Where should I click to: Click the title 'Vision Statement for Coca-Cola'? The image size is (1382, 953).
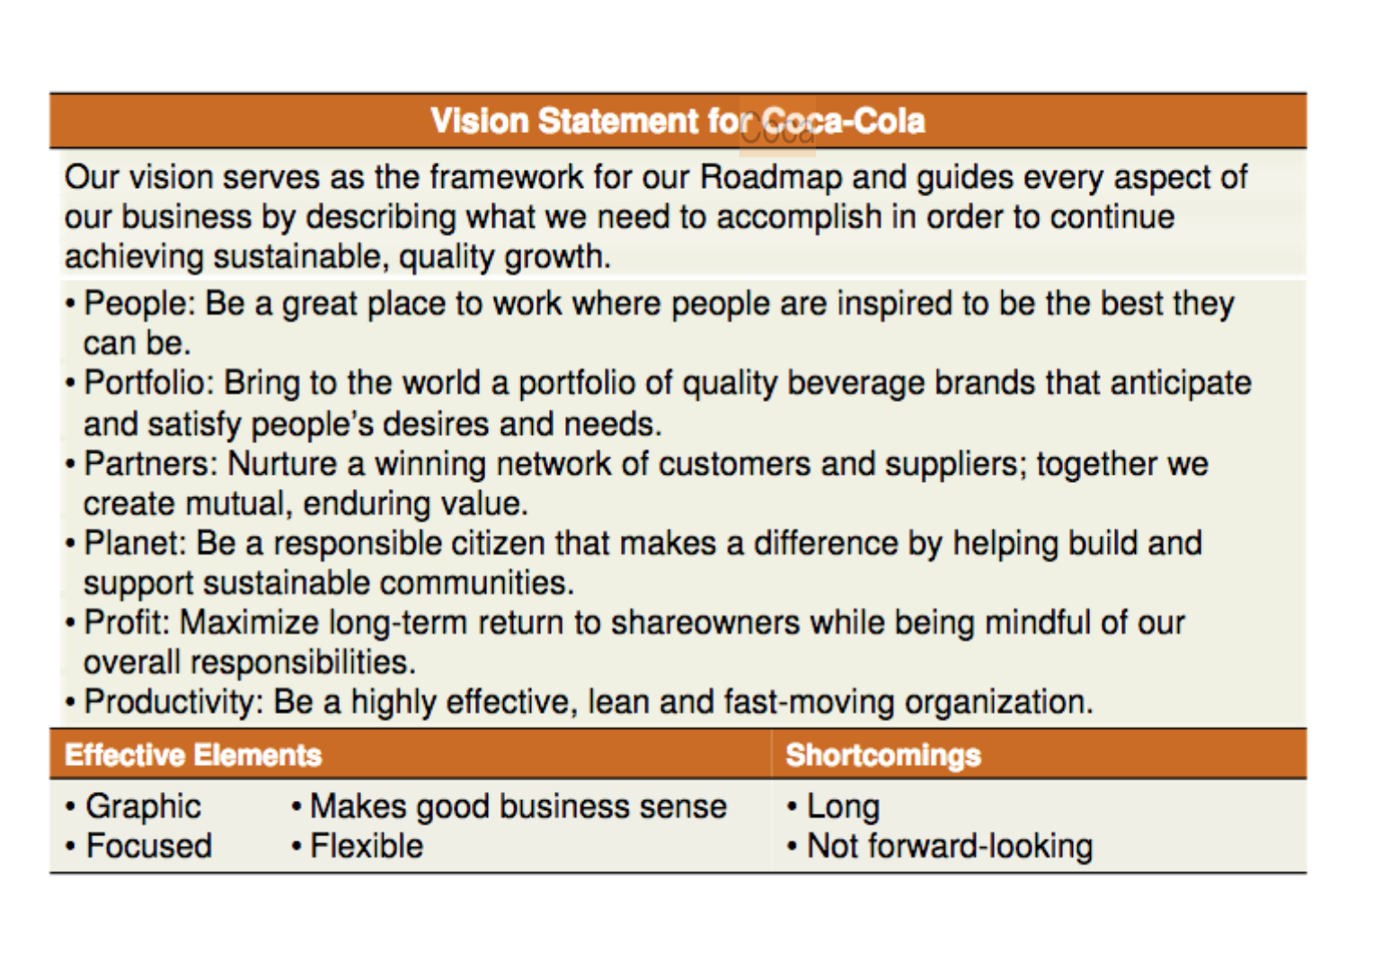point(678,121)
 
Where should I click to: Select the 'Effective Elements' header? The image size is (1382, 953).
point(193,755)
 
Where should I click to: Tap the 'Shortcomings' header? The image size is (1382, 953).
point(883,755)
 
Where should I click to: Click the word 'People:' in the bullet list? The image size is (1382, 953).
point(139,304)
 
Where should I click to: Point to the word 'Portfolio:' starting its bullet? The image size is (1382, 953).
point(148,383)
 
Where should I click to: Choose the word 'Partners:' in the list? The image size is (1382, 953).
point(151,464)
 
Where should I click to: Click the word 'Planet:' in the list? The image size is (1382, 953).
point(135,544)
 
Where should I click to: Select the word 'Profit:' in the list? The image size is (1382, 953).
point(127,622)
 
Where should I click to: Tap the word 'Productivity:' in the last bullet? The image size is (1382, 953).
point(174,703)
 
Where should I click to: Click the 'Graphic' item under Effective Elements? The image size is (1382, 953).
point(143,806)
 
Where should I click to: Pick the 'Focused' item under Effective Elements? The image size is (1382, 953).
point(148,846)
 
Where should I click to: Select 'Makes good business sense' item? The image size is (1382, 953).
point(518,806)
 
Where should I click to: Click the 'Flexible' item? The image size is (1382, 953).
point(367,846)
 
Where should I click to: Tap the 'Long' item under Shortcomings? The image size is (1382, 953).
point(844,806)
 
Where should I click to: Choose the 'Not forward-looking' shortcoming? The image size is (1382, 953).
point(950,846)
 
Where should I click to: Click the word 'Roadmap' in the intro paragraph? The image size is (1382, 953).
point(771,178)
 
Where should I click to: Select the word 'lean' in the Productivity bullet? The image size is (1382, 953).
point(618,702)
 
